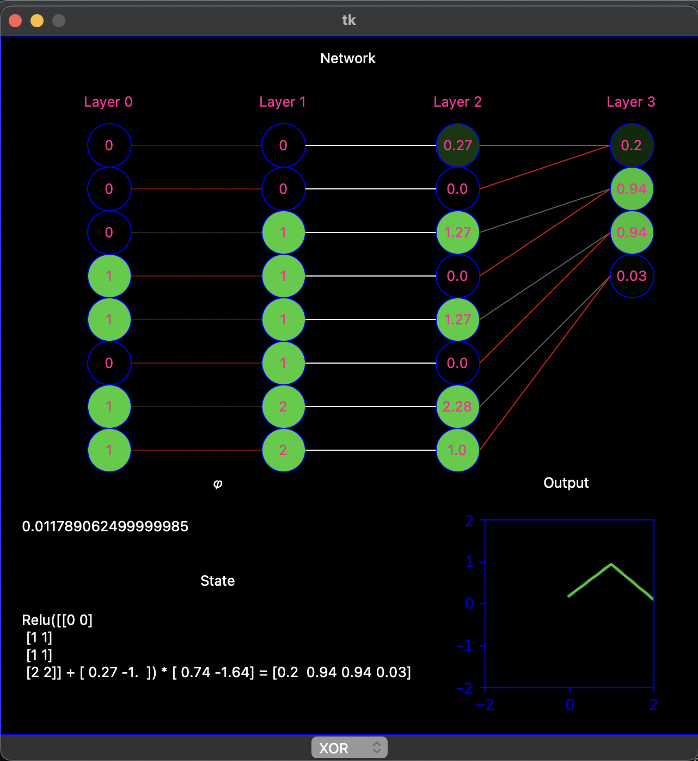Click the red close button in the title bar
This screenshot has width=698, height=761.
pos(15,21)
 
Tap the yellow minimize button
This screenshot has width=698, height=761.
pos(37,21)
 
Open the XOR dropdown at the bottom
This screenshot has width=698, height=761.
pos(349,748)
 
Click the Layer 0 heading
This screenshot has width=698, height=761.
pos(108,102)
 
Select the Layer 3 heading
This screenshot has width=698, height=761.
pos(631,102)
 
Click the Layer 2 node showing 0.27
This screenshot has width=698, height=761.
pos(457,145)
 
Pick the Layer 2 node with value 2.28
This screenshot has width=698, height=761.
pos(457,407)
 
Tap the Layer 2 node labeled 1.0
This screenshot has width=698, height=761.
pos(457,450)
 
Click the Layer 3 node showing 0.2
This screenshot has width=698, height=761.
pos(632,145)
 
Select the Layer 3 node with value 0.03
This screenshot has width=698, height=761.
pos(632,276)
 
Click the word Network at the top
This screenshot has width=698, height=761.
pos(348,58)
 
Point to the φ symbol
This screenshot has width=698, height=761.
pos(218,483)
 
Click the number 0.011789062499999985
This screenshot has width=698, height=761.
pos(105,526)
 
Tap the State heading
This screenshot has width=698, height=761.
pos(218,581)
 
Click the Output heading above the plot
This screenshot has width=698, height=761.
pos(566,483)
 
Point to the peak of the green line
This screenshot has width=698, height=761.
pos(611,564)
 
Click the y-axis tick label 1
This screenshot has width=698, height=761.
pos(470,562)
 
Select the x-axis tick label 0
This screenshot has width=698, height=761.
pos(570,705)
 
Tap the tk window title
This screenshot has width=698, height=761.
pos(348,20)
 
